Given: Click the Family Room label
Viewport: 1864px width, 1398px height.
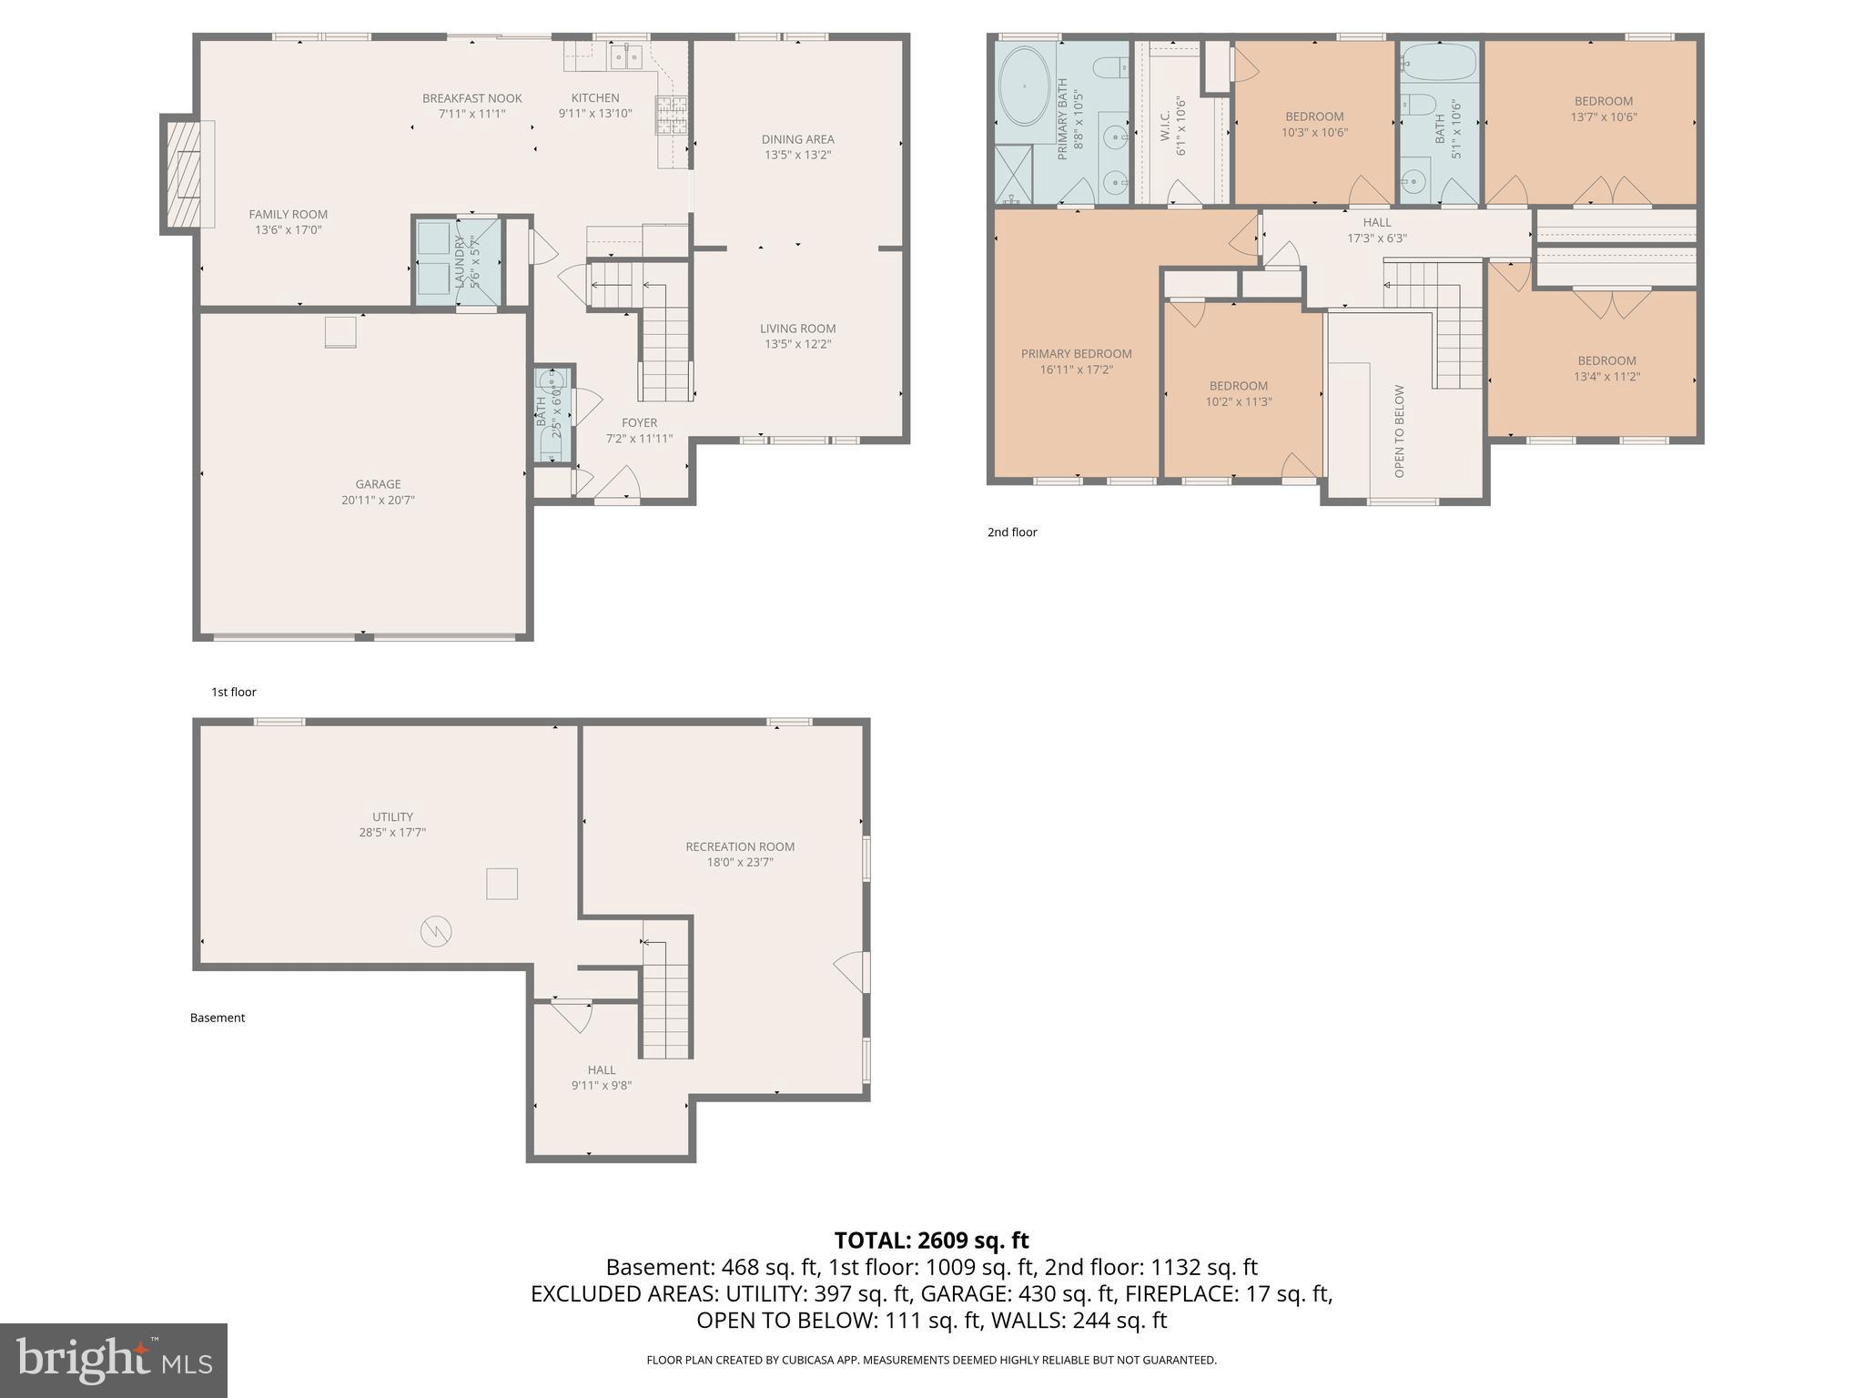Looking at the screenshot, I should [288, 215].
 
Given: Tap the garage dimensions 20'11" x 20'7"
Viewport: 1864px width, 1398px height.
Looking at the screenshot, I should [378, 500].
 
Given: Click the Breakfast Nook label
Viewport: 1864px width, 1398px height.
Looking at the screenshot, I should [471, 98].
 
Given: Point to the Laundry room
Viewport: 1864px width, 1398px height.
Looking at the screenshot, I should [458, 260].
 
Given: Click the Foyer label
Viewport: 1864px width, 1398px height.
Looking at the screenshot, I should [639, 422].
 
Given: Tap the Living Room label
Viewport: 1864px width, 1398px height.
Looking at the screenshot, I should [797, 329].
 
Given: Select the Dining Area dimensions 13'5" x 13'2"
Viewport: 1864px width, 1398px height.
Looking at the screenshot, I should [797, 155].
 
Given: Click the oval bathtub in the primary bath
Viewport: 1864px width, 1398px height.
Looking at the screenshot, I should [1024, 86].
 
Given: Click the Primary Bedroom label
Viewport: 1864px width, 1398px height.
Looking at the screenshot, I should [1076, 354].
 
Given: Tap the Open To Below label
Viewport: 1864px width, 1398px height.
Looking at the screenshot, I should [1399, 431].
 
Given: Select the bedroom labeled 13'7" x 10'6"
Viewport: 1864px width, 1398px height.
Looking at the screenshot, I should [1603, 108].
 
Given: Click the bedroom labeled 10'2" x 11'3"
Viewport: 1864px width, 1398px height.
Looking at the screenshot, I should [1238, 393].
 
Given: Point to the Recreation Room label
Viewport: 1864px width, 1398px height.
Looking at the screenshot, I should [739, 846].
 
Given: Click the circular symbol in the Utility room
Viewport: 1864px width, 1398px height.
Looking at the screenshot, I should [436, 931].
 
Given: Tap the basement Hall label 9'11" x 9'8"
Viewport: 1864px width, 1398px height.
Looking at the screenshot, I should [601, 1078].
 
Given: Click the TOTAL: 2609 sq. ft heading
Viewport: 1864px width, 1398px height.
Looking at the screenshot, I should [931, 1240].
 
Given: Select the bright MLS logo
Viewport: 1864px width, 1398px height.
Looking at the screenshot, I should [114, 1360].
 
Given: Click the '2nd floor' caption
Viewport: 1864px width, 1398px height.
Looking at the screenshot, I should [1012, 532].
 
